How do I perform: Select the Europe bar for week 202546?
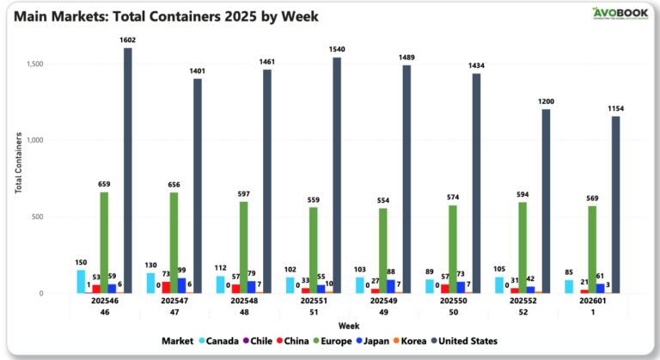coord(104,242)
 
